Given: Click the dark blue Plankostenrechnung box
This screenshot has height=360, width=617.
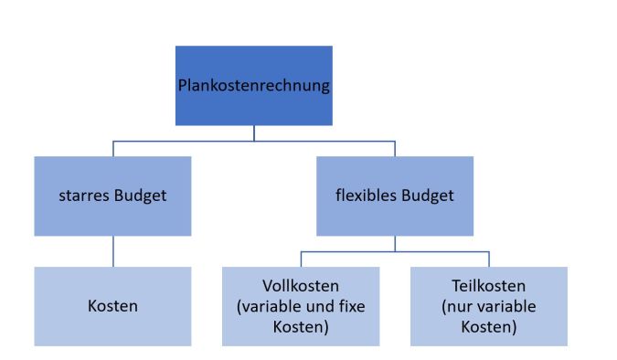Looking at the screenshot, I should click(x=254, y=86).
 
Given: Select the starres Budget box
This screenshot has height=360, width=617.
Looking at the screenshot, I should click(x=112, y=196).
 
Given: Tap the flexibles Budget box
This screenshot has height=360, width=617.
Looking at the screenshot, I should click(x=395, y=196).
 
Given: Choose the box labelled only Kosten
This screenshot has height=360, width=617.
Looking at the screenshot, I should click(x=112, y=306).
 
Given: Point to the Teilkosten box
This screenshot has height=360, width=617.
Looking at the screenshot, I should click(x=489, y=306).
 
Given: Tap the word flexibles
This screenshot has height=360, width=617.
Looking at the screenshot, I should click(x=365, y=196).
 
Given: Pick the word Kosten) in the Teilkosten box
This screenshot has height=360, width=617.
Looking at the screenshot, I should click(x=489, y=325).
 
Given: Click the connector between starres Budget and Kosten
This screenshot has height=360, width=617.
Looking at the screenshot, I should click(x=112, y=250).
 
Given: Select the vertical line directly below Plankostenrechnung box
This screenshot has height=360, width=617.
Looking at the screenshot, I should click(x=254, y=132).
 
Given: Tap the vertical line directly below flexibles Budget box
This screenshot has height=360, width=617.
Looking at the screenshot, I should click(x=395, y=243).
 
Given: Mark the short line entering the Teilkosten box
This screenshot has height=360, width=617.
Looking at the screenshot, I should click(x=489, y=259).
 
